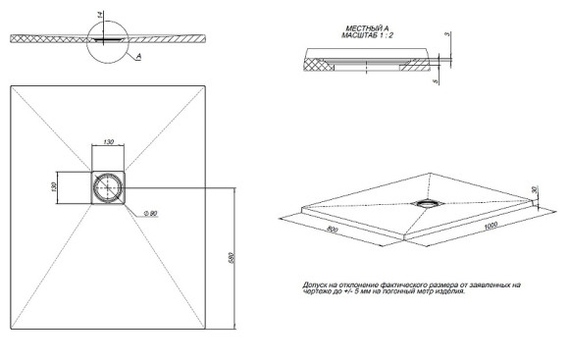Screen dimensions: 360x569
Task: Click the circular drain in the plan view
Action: tap(108, 186)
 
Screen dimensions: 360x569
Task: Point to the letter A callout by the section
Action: tap(139, 58)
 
